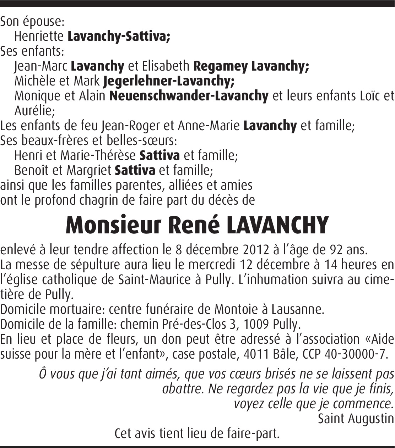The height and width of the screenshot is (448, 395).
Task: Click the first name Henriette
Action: tap(39, 36)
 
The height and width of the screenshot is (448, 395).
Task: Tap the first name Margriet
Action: tap(89, 170)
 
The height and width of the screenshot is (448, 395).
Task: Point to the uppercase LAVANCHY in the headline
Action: tap(277, 225)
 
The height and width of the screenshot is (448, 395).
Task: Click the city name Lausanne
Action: tap(297, 309)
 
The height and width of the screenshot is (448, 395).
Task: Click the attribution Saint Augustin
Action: tap(356, 419)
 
